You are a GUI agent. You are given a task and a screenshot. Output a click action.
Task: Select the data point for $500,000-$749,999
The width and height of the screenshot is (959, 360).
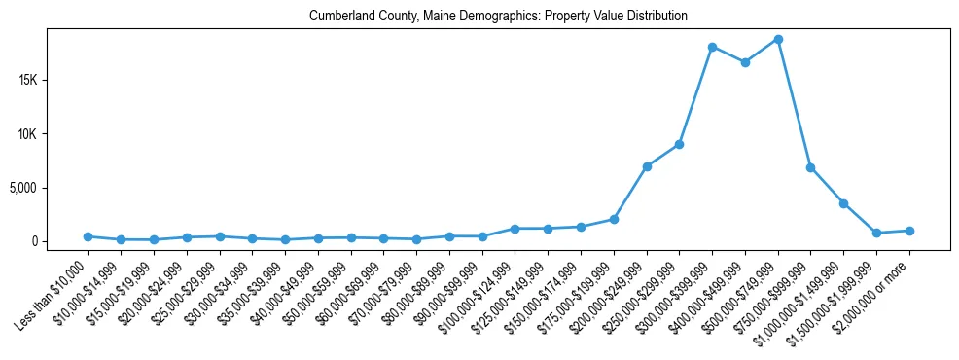tap(778, 40)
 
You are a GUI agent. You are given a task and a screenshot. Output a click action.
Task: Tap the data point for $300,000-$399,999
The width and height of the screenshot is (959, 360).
tap(712, 47)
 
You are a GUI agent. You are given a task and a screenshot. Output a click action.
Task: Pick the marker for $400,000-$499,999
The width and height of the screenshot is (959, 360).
tap(745, 62)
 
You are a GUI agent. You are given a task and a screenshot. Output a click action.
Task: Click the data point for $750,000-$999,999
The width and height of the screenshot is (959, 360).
tap(810, 167)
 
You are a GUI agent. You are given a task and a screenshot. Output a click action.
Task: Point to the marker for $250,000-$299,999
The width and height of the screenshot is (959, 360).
tap(679, 144)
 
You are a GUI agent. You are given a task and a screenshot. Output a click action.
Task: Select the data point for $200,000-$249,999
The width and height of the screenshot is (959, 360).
tap(647, 166)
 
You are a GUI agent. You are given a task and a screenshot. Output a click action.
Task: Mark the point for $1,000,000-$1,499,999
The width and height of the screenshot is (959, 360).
tap(843, 203)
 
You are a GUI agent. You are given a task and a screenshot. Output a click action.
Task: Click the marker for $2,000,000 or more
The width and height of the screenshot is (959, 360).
tap(909, 231)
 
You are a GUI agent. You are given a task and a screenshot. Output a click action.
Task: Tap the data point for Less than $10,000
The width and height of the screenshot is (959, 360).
tap(88, 236)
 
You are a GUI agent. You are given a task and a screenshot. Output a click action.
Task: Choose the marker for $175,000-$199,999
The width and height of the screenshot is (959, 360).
tap(614, 219)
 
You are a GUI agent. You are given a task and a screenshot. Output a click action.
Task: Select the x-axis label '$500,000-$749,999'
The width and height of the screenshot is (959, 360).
tap(749, 291)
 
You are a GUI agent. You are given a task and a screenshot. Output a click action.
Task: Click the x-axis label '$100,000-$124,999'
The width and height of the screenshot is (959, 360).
tap(485, 291)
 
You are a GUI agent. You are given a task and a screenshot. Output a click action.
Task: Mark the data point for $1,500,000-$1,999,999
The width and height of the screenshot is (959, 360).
tap(876, 233)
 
